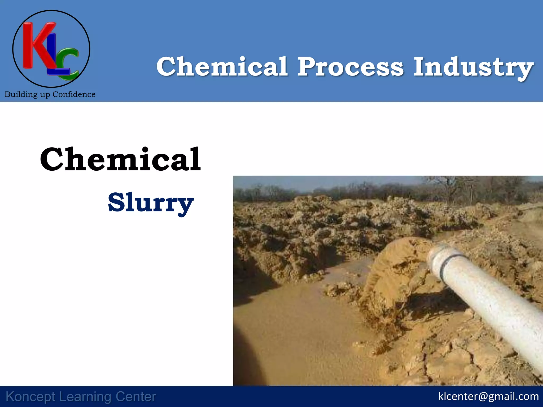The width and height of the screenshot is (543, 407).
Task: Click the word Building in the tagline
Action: [x=21, y=95]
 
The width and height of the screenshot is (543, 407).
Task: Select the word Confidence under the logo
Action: [x=74, y=94]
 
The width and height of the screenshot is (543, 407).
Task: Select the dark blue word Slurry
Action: [x=151, y=203]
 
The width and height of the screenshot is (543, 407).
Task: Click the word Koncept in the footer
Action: [x=30, y=397]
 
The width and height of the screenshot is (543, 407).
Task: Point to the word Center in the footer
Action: [x=136, y=397]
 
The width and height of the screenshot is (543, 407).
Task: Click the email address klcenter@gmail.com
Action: [x=488, y=396]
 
